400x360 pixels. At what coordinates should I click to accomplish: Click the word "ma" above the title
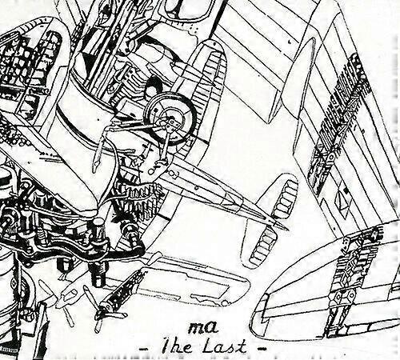202,328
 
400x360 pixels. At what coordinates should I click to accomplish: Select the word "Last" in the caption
226,346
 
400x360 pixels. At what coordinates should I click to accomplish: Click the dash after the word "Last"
259,348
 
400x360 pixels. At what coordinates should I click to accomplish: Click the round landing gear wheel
170,118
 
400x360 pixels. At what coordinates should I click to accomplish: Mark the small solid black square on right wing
346,190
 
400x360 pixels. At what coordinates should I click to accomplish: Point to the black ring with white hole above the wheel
152,82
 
